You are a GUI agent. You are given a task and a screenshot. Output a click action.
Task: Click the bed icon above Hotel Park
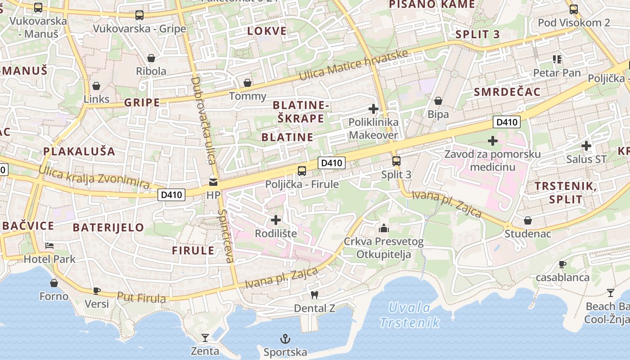(x=49, y=246)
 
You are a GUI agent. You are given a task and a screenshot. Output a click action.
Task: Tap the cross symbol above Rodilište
(x=276, y=220)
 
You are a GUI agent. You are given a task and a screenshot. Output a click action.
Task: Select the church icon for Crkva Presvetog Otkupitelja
(x=384, y=228)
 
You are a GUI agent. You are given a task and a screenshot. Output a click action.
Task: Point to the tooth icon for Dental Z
(x=315, y=295)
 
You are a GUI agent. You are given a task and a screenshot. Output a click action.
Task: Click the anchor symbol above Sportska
(x=285, y=338)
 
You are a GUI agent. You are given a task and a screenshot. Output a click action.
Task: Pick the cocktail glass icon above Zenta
(x=205, y=337)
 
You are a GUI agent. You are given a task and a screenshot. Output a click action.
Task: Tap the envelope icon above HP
(x=213, y=182)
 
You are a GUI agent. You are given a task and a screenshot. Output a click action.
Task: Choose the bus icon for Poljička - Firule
(x=302, y=171)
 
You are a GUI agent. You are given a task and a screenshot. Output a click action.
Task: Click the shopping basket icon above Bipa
(x=438, y=101)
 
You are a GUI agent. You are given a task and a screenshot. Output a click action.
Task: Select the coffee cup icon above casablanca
(x=562, y=264)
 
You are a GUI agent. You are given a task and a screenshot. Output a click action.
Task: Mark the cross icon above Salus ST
(x=586, y=145)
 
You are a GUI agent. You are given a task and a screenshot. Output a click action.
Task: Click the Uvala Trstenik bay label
(x=409, y=315)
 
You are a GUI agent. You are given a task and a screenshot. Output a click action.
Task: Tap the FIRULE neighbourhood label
(x=193, y=251)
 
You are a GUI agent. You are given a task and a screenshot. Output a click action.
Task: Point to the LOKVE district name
(x=267, y=31)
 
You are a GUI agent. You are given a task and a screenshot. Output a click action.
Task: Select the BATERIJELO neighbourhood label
(x=108, y=227)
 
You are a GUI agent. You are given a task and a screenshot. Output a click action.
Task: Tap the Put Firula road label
(x=141, y=297)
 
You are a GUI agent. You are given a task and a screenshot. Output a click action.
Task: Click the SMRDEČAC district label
(x=507, y=92)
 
